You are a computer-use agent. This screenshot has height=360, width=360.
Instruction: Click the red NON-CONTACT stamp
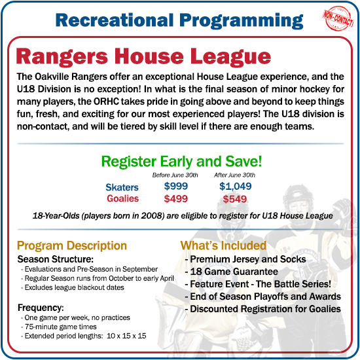click(x=338, y=16)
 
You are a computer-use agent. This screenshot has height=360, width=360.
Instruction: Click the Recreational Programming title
click(x=179, y=19)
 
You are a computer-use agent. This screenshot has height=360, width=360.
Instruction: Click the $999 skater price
click(x=176, y=187)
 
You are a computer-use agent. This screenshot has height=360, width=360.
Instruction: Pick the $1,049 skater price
click(x=235, y=187)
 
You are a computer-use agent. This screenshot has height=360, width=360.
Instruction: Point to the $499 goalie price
click(x=176, y=199)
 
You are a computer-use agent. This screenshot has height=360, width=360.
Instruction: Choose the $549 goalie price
click(x=235, y=199)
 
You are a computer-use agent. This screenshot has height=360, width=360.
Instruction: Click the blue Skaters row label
click(x=122, y=188)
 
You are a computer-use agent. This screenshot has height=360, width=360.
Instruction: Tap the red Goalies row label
click(x=122, y=199)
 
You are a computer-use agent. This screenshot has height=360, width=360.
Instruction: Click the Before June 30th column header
click(x=175, y=175)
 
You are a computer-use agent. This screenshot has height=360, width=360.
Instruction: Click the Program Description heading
click(x=72, y=246)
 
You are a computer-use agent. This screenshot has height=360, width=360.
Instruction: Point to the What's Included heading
click(x=224, y=246)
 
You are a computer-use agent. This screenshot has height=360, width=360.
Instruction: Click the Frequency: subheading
click(x=41, y=307)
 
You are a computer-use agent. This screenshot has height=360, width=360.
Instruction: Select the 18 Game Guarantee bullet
click(x=225, y=272)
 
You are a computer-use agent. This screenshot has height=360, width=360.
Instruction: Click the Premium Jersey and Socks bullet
click(x=244, y=259)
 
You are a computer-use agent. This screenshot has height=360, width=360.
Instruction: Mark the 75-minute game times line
click(x=60, y=327)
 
